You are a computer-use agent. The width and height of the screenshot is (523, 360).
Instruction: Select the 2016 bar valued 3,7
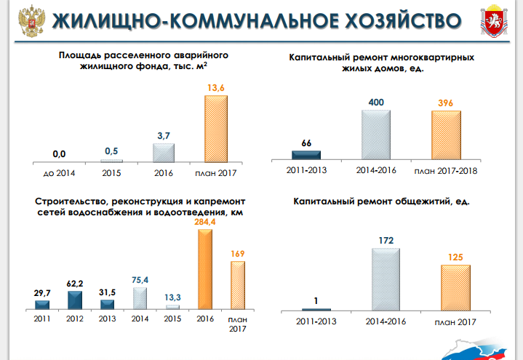coord(164,152)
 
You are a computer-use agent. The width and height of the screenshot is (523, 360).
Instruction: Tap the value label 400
coord(376,102)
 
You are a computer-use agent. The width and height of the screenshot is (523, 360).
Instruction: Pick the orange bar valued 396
coord(445,135)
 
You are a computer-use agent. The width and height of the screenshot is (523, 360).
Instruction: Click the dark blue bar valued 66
coord(306,154)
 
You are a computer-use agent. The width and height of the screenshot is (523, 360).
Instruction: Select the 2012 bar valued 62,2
coord(76,300)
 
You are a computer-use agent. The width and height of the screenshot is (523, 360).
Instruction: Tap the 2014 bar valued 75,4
coord(140,298)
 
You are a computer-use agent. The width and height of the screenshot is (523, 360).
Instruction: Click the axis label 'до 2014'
coord(59,173)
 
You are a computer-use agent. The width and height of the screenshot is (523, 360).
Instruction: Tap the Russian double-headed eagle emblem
coord(28,20)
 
